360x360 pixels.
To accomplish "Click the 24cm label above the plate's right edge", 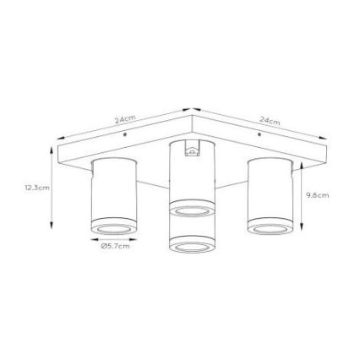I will click(x=270, y=123).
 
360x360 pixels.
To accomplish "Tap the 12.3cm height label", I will click(x=37, y=188).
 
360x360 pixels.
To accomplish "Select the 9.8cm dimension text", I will click(x=317, y=195).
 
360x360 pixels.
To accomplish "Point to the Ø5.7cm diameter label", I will click(x=114, y=247).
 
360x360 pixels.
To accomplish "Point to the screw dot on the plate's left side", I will click(x=125, y=134).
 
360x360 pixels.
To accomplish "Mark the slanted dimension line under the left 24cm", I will click(x=123, y=126).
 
